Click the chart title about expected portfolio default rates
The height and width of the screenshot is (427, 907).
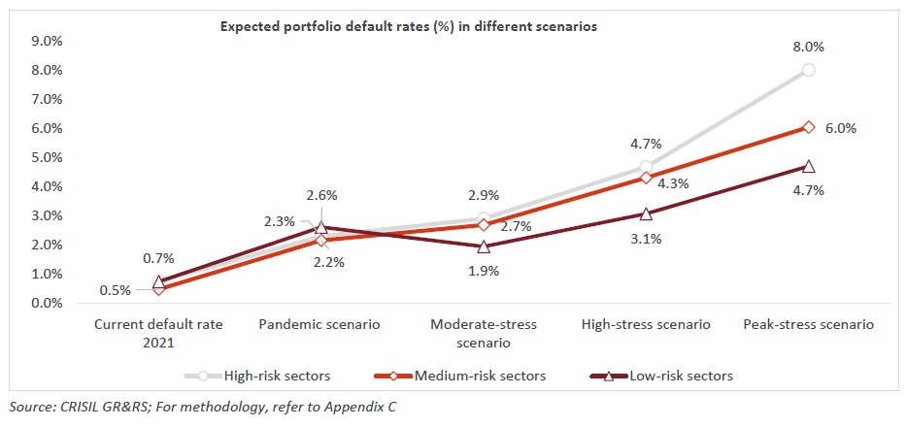point(408,27)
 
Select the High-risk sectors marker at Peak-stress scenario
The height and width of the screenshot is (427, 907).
point(808,70)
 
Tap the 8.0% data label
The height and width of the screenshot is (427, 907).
point(808,47)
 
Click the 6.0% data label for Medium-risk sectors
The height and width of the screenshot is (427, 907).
point(841,128)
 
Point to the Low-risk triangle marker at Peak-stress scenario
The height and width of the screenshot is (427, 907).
point(808,166)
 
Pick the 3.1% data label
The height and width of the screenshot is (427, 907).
point(646,239)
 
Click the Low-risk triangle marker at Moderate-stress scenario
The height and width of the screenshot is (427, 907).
point(484,246)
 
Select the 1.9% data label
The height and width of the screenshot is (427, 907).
point(483,272)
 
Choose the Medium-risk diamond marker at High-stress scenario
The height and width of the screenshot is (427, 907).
point(646,178)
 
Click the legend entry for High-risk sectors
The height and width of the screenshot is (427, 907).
point(268,376)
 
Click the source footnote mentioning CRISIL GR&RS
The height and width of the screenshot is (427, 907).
point(201,408)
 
